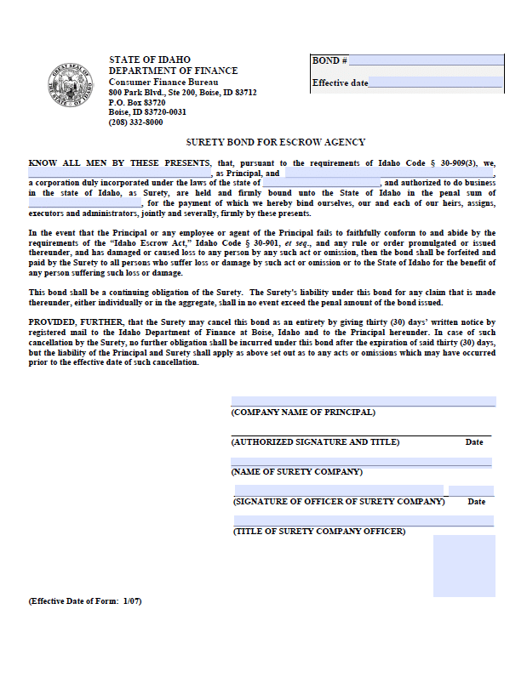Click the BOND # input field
(426, 60)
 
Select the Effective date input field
(436, 83)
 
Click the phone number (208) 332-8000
(135, 122)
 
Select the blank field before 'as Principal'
(119, 173)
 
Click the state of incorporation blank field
(322, 183)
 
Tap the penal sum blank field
(85, 203)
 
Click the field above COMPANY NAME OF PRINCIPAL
(363, 401)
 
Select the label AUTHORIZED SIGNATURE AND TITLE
(315, 442)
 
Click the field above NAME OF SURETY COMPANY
(361, 462)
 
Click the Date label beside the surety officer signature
(477, 502)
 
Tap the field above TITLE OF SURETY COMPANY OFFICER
(332, 521)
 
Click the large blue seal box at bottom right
(464, 566)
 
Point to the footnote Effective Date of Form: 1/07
(85, 601)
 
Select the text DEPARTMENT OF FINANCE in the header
(173, 71)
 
